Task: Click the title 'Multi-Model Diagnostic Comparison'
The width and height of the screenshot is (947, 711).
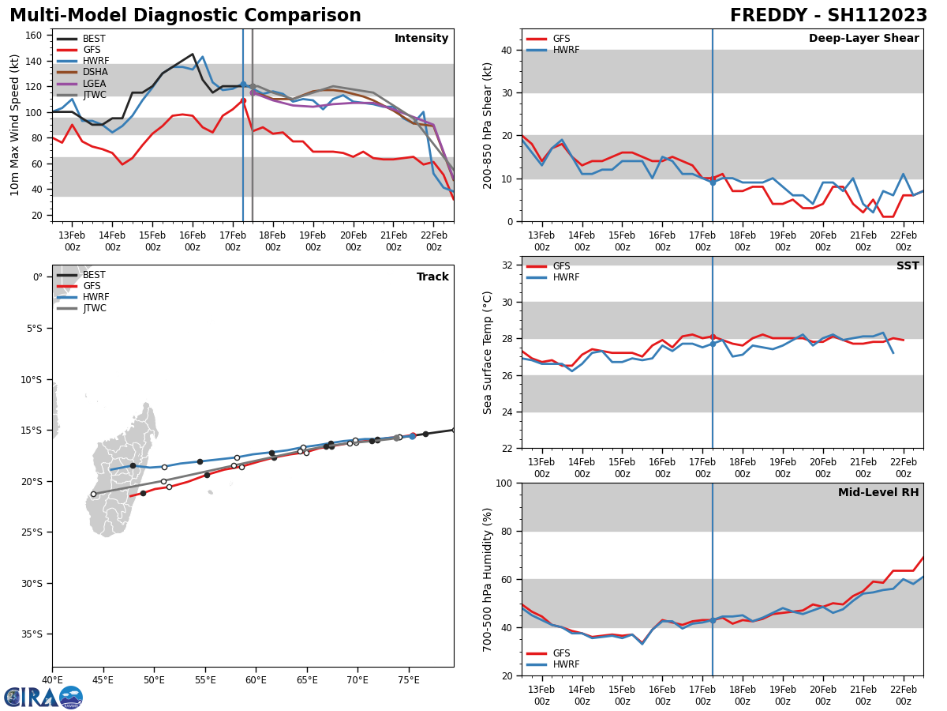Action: tap(185, 16)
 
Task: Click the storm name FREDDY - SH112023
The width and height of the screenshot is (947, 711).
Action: tap(828, 16)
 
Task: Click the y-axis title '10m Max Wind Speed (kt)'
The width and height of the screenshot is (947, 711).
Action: tap(15, 125)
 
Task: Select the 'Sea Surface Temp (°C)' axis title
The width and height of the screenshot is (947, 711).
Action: tap(488, 352)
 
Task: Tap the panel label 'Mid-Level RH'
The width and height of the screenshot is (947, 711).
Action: tap(878, 493)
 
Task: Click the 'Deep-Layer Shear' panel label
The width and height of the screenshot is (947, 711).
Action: tap(863, 39)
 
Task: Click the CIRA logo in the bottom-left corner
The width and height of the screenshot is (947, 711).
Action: tap(43, 697)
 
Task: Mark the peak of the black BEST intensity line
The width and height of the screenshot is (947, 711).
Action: tap(193, 55)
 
